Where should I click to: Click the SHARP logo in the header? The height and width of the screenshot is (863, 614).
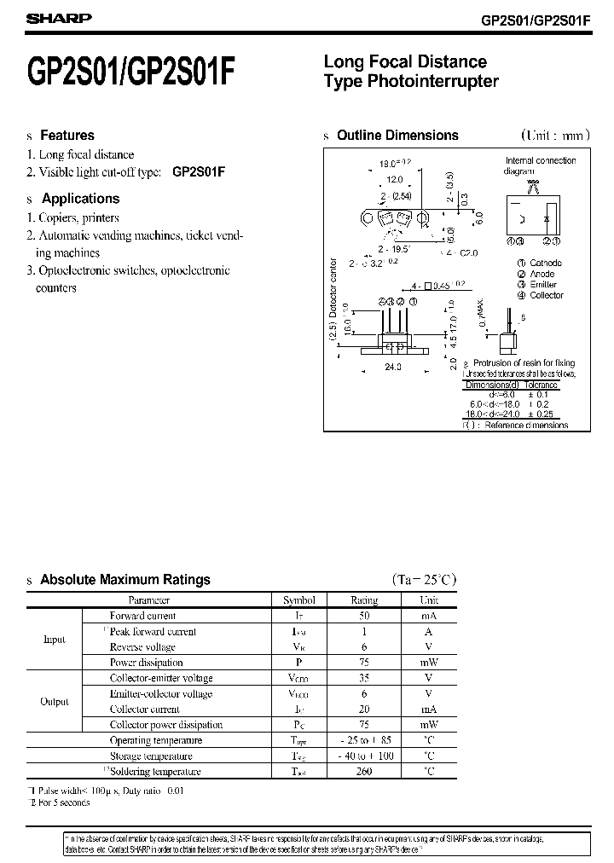45,18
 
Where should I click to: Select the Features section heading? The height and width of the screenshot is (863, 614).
67,135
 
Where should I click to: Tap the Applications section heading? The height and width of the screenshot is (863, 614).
81,199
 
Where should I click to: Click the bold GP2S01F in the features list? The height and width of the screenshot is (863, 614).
199,171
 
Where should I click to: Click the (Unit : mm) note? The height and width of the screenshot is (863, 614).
553,135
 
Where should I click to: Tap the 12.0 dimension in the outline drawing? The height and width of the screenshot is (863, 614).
395,181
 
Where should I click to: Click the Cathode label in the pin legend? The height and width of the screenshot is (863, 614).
546,264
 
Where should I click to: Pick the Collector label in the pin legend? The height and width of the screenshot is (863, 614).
546,295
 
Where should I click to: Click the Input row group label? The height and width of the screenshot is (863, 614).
54,640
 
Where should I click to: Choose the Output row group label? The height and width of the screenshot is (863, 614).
55,702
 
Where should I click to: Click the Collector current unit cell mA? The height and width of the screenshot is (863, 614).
428,710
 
